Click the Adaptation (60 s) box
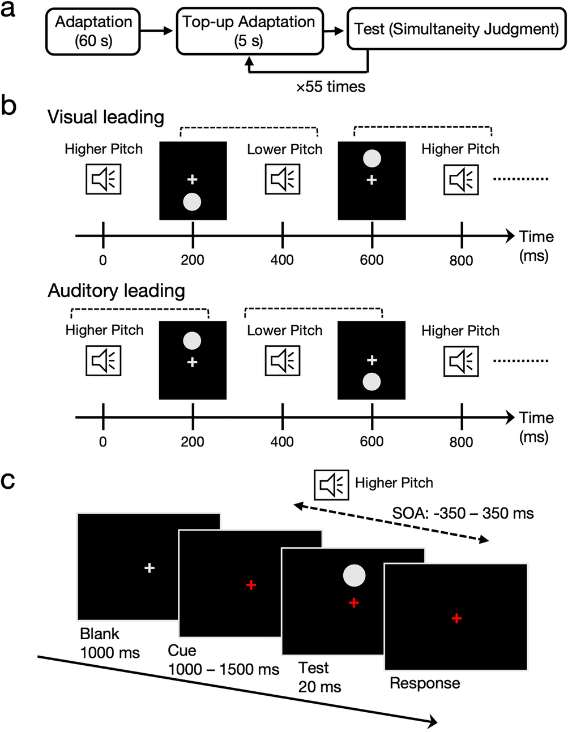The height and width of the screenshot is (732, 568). (93, 32)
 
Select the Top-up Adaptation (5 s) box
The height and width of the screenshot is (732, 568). (249, 32)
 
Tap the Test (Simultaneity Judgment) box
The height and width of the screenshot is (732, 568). (456, 29)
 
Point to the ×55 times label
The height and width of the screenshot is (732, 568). (331, 87)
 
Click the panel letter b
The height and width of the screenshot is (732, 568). (9, 105)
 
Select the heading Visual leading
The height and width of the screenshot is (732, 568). (106, 117)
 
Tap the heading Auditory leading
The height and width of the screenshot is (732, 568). (116, 291)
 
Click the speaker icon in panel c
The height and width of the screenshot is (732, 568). (332, 485)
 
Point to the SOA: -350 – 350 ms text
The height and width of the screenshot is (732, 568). (463, 513)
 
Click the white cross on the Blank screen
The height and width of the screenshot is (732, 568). (149, 567)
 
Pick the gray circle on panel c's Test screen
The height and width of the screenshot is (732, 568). (354, 575)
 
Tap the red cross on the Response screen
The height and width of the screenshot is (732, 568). (456, 618)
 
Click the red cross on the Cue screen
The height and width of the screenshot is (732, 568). (251, 584)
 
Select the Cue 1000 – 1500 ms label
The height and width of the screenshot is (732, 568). (223, 660)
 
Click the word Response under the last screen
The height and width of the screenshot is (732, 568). (425, 683)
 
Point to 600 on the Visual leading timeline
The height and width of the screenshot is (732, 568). (371, 260)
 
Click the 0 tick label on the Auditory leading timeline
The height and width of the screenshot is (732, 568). (103, 442)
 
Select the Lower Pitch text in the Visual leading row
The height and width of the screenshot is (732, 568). (284, 149)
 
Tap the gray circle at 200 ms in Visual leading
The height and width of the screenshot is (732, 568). (193, 201)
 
